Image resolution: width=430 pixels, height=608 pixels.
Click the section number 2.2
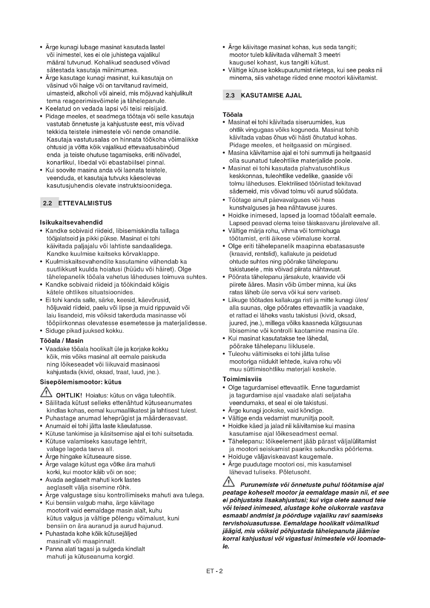click(x=48, y=203)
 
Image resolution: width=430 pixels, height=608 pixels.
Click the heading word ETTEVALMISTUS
click(x=85, y=203)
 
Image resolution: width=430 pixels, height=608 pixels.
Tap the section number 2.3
click(x=230, y=96)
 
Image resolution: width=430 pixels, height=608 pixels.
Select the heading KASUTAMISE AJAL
click(x=271, y=96)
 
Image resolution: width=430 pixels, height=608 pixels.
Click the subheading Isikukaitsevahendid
click(x=71, y=223)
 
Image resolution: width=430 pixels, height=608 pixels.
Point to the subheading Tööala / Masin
click(x=61, y=341)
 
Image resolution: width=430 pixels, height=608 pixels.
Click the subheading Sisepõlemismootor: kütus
click(x=81, y=382)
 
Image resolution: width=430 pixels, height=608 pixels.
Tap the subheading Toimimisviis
click(x=242, y=379)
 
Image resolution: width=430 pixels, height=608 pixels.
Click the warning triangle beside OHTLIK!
click(x=46, y=393)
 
